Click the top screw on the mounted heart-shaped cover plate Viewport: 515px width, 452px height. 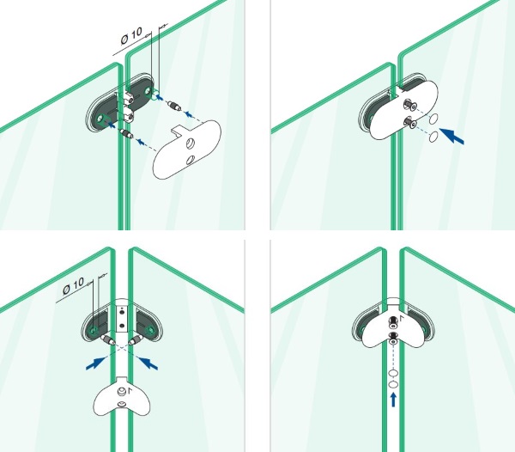pyautogui.click(x=392, y=321)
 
